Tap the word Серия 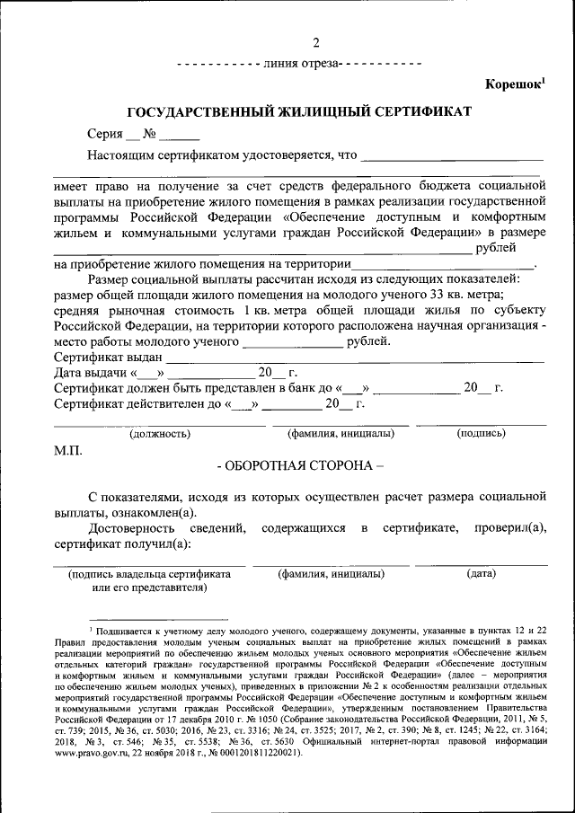(104, 135)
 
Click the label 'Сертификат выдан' (108, 357)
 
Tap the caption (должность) (160, 434)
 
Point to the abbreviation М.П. (67, 449)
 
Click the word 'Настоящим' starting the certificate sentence (118, 155)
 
